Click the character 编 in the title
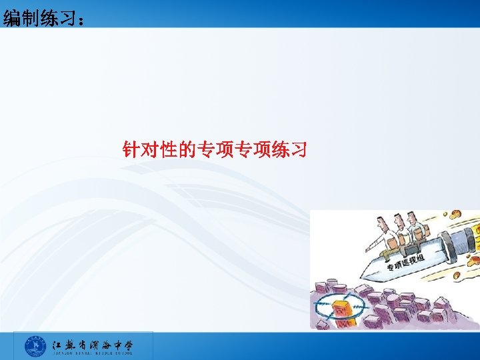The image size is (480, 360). pyautogui.click(x=11, y=18)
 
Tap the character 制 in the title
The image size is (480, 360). pyautogui.click(x=31, y=18)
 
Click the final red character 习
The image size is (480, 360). pyautogui.click(x=298, y=149)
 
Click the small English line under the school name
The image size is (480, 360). pyautogui.click(x=93, y=353)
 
